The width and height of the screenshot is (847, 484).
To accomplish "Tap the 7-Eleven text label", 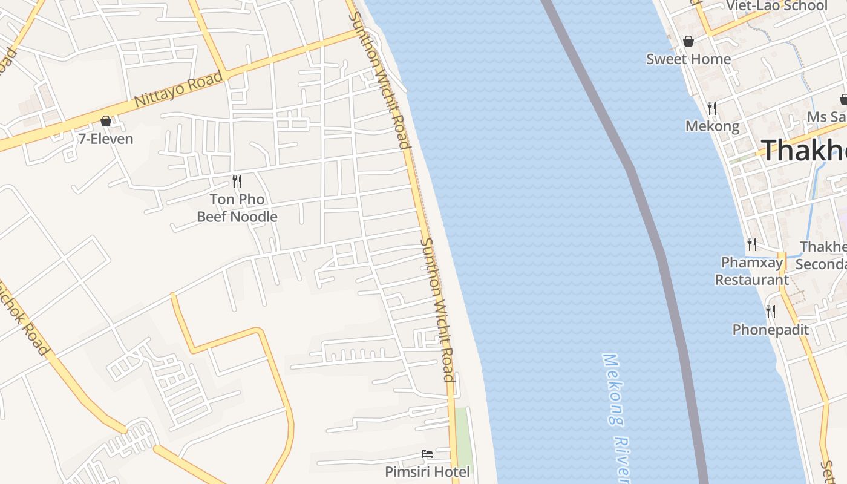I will tap(106, 139).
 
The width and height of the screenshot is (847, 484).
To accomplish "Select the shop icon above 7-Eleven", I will tap(106, 121).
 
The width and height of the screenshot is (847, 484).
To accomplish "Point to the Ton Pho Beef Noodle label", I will tap(237, 208).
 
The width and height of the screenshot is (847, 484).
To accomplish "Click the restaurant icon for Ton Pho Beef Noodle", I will tap(237, 181).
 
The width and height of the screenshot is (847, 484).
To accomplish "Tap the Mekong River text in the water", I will tap(617, 417).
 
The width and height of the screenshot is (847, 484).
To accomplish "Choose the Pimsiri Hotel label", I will tap(427, 471).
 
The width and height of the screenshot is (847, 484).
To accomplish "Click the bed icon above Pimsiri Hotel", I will tap(427, 454).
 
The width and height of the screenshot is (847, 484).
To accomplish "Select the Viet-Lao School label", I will tap(777, 6).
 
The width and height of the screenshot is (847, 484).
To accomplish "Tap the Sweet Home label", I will tap(688, 59).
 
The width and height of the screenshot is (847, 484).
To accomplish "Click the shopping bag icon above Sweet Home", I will tap(688, 41).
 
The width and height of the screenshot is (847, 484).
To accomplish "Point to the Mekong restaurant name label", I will tap(712, 126).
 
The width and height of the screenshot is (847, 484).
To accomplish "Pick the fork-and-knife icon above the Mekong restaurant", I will tap(712, 108).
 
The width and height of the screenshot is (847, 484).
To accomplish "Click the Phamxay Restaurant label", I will tap(752, 271).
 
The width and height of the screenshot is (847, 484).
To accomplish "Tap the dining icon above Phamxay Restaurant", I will tap(752, 244).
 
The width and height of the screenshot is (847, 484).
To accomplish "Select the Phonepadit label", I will tap(770, 330).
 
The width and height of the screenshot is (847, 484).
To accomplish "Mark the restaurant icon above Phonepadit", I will tap(770, 312).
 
